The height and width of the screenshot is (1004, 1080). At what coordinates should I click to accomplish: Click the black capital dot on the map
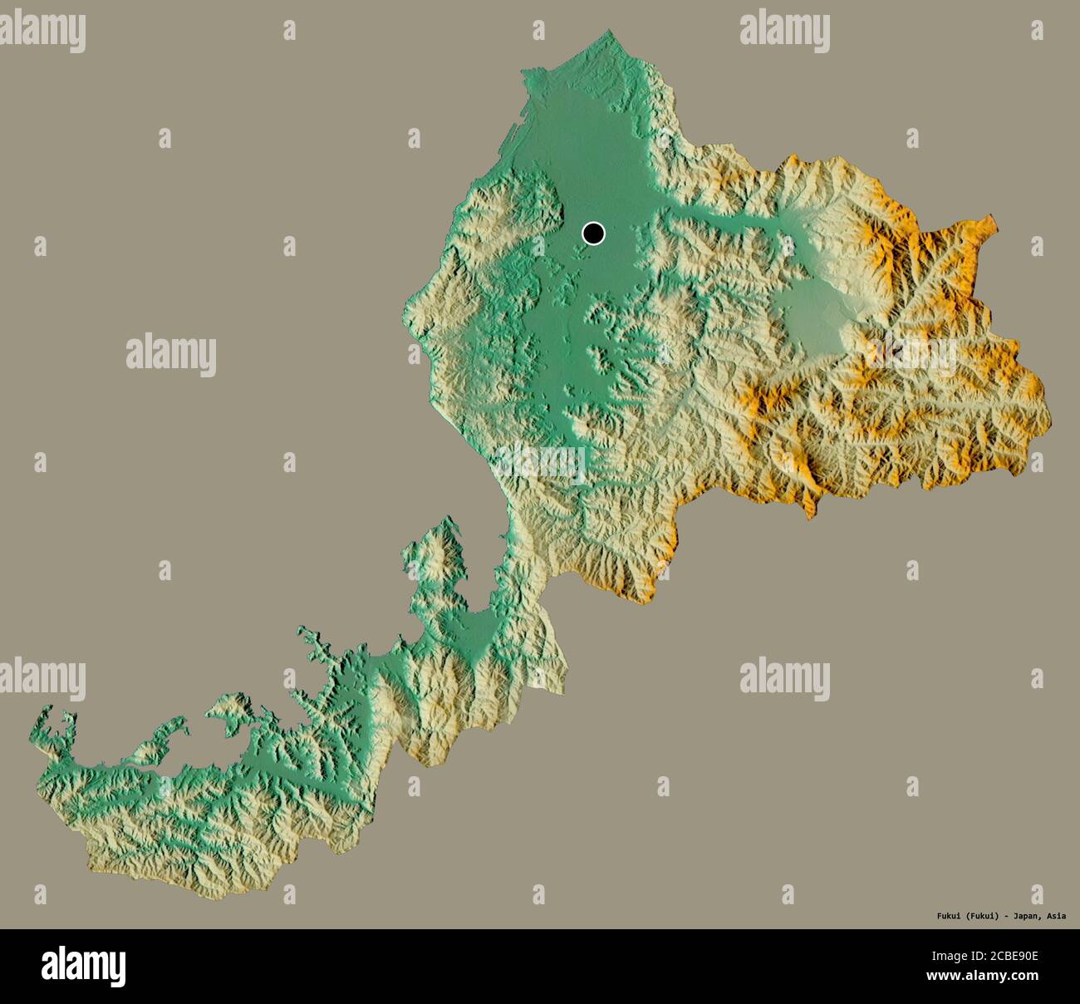click(x=593, y=234)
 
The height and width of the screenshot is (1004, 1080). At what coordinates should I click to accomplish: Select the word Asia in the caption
click(x=1057, y=917)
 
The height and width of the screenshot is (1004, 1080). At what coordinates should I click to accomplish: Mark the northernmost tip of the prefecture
click(x=612, y=32)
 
